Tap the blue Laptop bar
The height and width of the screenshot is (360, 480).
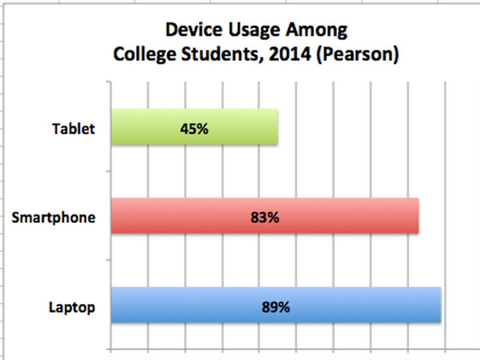[x=187, y=305]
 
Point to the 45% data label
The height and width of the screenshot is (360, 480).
[x=194, y=128]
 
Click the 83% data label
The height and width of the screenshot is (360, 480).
[x=265, y=217]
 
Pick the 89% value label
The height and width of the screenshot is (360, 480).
[x=276, y=307]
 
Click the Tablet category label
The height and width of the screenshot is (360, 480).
[x=74, y=128]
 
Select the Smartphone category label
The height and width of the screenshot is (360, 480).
[x=53, y=217]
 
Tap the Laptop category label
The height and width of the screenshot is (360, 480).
[x=72, y=307]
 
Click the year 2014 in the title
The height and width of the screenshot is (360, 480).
[x=290, y=54]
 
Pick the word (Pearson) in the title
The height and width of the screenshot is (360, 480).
[x=358, y=54]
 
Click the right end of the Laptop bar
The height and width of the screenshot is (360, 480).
[x=440, y=305]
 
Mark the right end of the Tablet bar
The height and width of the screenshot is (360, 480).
[x=277, y=127]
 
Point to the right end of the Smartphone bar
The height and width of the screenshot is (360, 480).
[x=418, y=216]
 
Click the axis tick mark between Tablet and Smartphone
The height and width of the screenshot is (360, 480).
[x=109, y=171]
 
